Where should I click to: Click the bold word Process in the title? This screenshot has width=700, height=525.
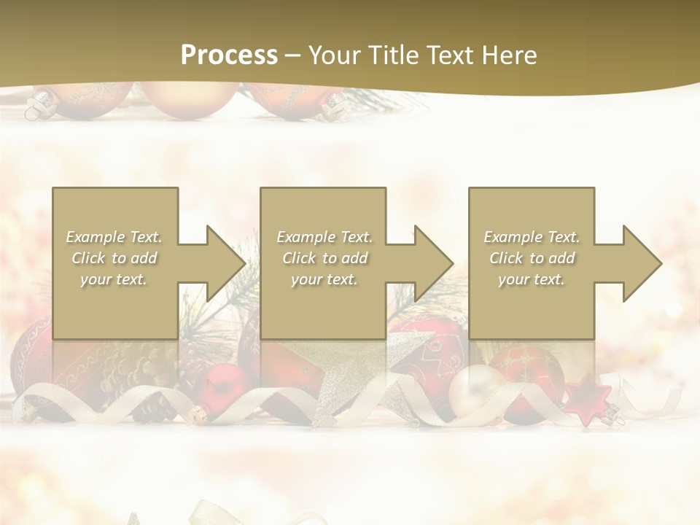[229, 55]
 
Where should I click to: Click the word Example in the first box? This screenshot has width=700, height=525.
[95, 237]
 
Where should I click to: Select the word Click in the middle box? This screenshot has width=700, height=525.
[298, 258]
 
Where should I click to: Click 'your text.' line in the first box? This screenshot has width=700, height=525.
[114, 279]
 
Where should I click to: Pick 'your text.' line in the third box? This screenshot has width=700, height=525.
[532, 279]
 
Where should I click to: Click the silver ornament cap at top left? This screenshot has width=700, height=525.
[36, 106]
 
